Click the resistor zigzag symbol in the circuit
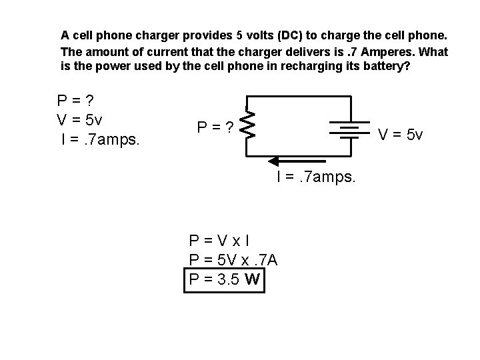(x=247, y=125)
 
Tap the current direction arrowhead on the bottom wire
(x=274, y=160)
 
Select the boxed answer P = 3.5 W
(x=225, y=279)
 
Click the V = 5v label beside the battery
(x=401, y=135)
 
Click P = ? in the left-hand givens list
(x=75, y=101)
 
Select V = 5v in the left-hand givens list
(x=79, y=121)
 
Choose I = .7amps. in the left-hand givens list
(x=99, y=141)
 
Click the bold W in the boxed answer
(x=253, y=279)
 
